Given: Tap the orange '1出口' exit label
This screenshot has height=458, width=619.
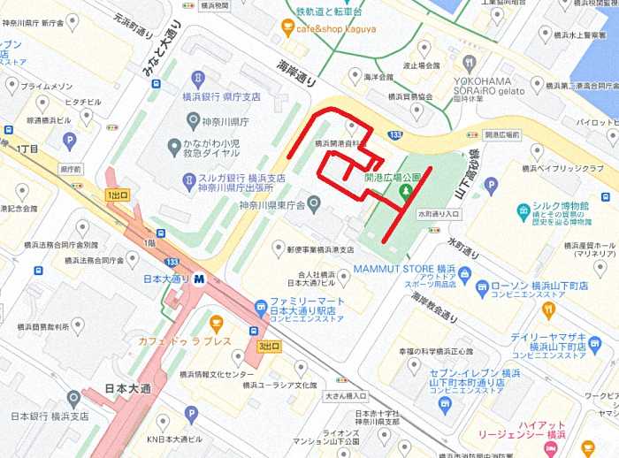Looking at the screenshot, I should (x=117, y=195).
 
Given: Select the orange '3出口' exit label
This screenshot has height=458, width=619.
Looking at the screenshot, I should (x=269, y=346).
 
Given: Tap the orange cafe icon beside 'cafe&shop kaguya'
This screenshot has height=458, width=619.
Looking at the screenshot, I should (x=287, y=29).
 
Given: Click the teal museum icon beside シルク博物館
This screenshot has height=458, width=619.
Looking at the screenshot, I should (x=524, y=211).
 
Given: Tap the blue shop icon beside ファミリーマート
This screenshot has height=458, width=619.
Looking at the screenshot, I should (x=260, y=308).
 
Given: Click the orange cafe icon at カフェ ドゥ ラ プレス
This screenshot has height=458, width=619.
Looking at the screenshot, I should (x=217, y=322).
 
